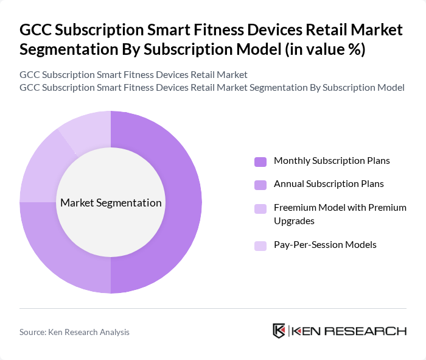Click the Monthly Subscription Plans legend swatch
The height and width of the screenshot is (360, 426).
pos(260,161)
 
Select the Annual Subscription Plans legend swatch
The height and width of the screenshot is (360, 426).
pos(260,184)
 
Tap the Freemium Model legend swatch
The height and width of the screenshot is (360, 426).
pos(260,208)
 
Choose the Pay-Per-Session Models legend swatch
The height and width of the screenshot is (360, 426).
pos(260,245)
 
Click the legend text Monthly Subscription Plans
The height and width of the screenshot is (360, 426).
pos(332,161)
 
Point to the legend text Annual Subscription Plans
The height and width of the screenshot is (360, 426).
pos(329,183)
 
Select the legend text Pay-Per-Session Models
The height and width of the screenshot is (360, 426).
pos(325,245)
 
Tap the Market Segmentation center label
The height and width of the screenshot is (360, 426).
pos(111,203)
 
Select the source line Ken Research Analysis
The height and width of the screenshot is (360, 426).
pos(74,332)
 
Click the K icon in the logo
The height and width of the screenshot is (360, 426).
pos(279,331)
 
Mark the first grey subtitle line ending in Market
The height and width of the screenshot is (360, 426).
pos(133,75)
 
